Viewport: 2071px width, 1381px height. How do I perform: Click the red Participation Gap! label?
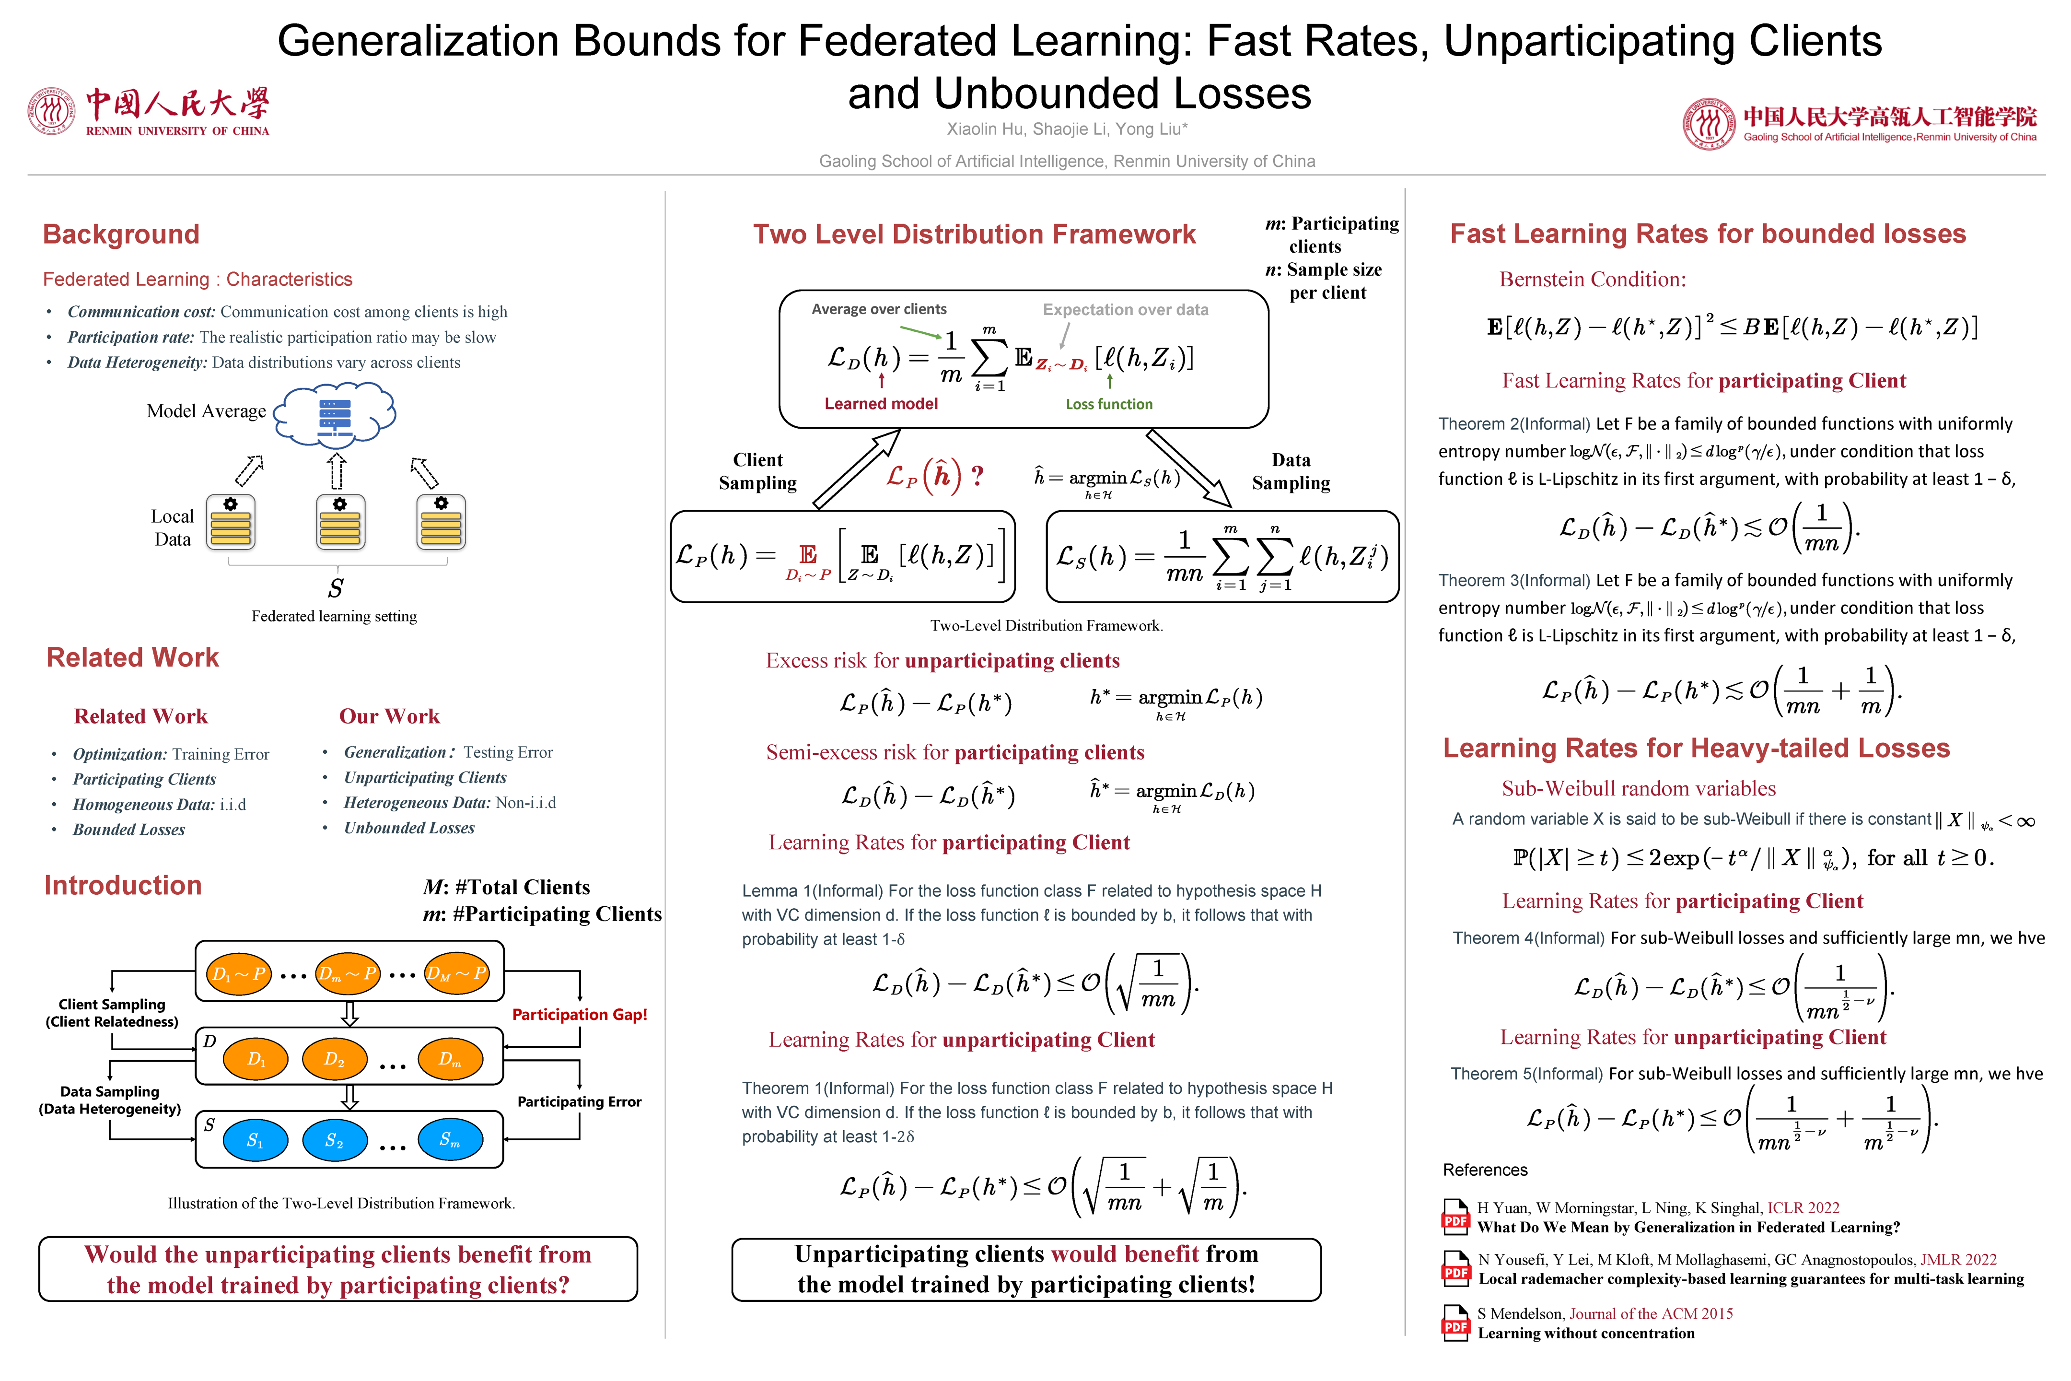(580, 1015)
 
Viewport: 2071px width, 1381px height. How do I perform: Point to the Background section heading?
(121, 234)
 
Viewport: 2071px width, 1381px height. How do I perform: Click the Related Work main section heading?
(132, 658)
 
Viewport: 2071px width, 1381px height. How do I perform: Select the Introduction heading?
(123, 885)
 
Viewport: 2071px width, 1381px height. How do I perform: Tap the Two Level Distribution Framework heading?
(974, 234)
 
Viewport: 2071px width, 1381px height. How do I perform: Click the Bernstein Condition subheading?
(1592, 279)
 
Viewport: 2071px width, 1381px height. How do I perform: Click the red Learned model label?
(881, 403)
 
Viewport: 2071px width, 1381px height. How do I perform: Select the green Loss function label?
(1108, 404)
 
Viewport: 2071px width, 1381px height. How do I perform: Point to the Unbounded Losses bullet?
(408, 828)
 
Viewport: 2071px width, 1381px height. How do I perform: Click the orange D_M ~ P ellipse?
(456, 973)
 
